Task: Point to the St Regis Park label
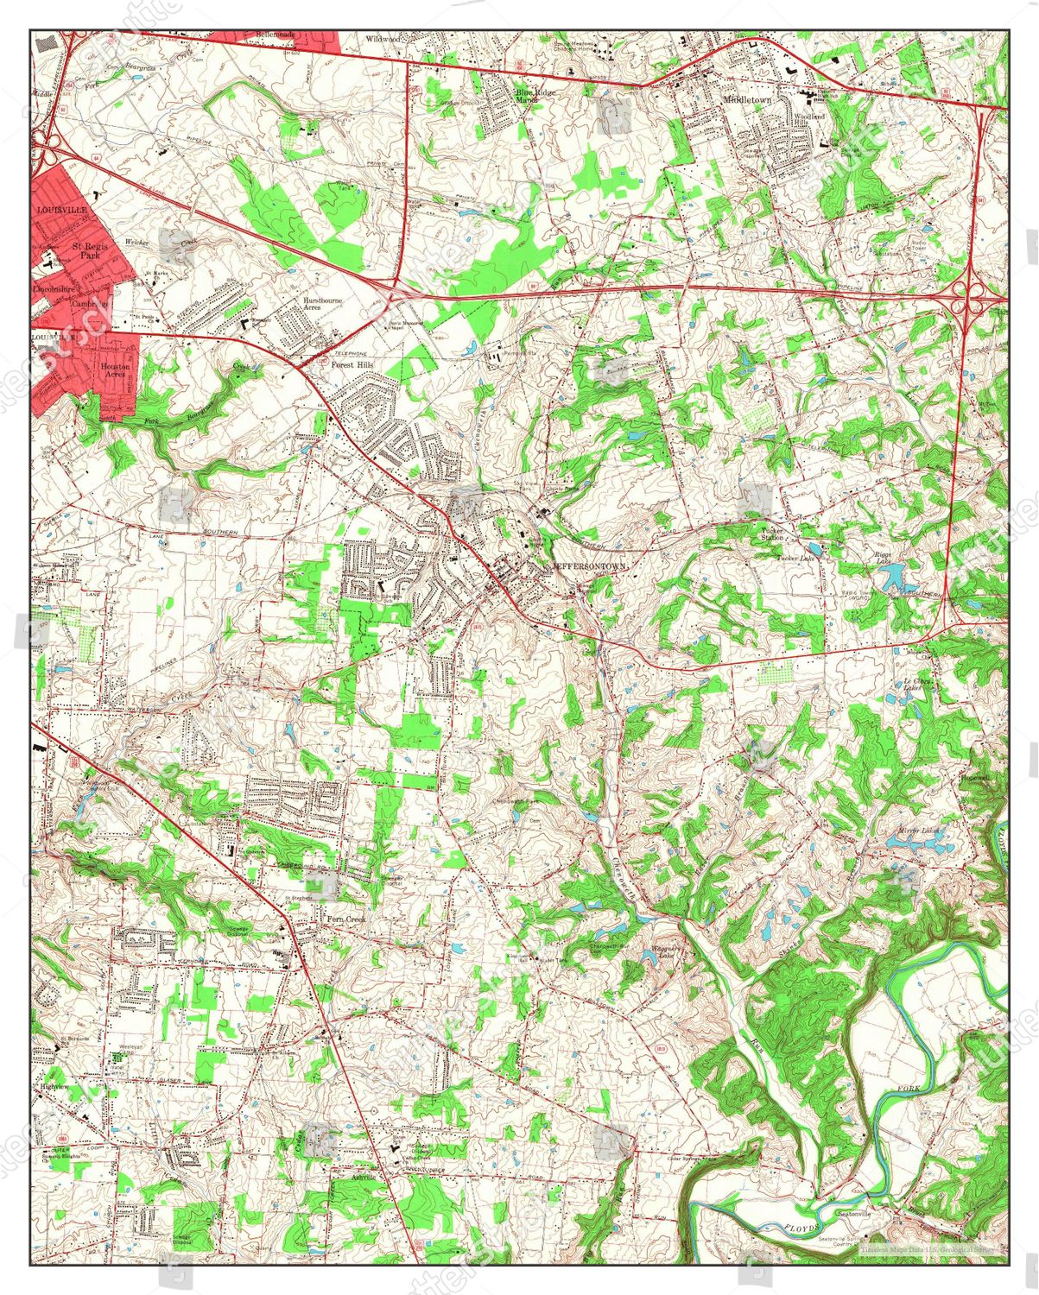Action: click(86, 250)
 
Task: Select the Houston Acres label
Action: click(117, 370)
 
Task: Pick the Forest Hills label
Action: click(352, 364)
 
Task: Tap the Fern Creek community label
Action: click(345, 919)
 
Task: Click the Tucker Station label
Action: click(772, 534)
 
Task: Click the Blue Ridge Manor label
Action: click(535, 95)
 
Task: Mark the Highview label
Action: click(54, 1085)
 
